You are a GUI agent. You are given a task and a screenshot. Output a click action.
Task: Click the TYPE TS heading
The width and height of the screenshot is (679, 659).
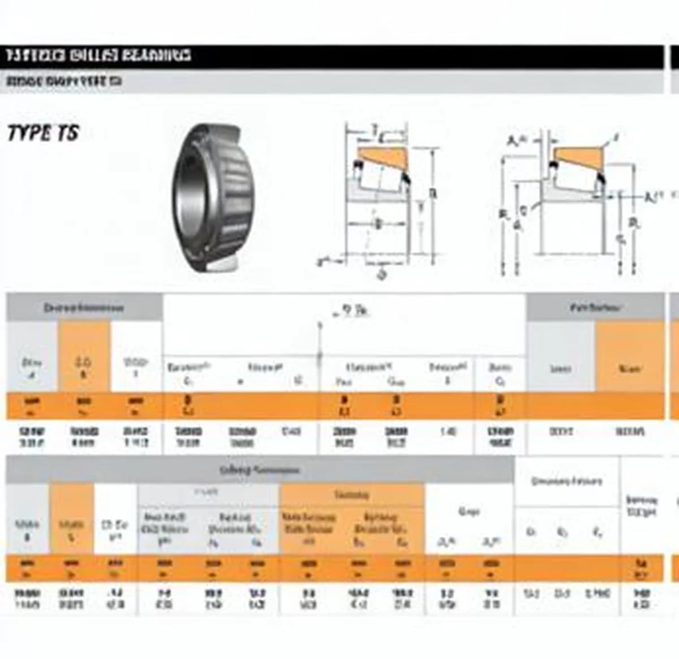point(43,133)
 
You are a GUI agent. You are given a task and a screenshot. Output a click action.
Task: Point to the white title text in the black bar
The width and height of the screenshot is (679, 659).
point(99,55)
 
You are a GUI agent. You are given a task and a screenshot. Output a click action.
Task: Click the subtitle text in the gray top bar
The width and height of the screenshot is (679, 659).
point(64,81)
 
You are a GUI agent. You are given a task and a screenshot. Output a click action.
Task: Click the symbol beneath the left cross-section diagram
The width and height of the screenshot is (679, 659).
point(381,275)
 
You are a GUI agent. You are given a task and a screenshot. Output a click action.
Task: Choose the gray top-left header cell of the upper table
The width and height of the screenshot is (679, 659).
point(84,308)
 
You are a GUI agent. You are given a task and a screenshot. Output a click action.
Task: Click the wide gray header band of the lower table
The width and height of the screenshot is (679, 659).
point(260,470)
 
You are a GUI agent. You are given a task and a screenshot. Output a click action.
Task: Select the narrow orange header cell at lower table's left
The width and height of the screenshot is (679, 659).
point(71,518)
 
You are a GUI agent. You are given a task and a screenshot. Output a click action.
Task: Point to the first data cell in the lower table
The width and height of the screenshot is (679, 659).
point(27,598)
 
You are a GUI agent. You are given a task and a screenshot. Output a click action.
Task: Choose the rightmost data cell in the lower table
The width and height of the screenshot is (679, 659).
point(642,598)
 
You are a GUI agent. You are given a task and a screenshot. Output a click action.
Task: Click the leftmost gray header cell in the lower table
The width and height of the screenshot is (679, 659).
point(27,518)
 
